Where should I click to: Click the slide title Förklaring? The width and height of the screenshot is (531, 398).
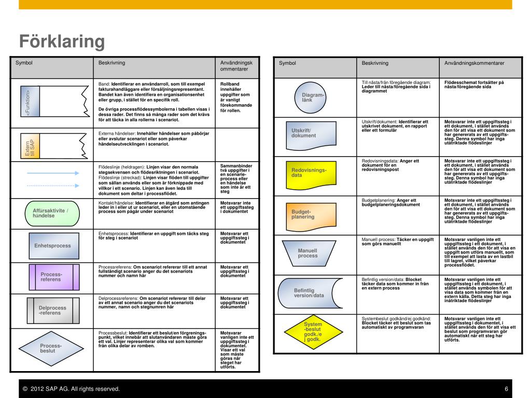click(x=62, y=41)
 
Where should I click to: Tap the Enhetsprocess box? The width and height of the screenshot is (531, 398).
click(x=52, y=246)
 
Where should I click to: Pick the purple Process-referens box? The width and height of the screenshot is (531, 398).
click(x=51, y=277)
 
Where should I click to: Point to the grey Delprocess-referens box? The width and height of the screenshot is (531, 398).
click(x=52, y=310)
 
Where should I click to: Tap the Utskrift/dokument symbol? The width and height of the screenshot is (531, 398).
click(x=308, y=134)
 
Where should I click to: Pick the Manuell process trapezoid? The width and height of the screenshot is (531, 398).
click(x=308, y=253)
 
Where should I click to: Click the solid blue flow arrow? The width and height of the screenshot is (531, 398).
click(x=52, y=175)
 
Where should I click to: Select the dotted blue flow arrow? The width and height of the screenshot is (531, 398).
click(x=52, y=185)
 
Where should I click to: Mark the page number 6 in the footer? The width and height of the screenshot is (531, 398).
click(x=506, y=389)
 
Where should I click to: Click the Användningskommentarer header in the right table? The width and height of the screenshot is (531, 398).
click(x=474, y=63)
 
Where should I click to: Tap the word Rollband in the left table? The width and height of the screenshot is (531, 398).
click(x=230, y=84)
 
